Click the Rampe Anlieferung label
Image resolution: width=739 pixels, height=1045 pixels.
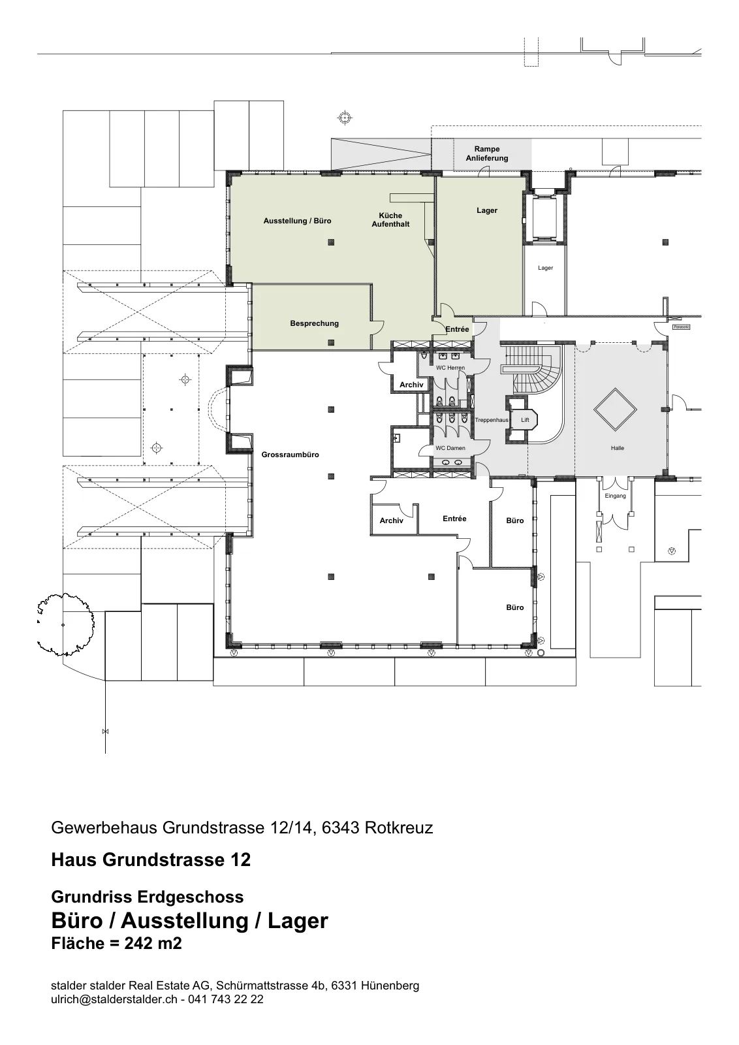(x=487, y=153)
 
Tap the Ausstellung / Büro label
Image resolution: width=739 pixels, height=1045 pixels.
(x=298, y=221)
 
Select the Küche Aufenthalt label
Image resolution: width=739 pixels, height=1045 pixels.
(x=390, y=219)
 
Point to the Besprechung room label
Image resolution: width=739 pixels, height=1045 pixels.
(x=314, y=323)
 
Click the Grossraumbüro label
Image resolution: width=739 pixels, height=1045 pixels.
(x=290, y=455)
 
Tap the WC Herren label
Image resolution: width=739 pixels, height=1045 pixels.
(x=450, y=368)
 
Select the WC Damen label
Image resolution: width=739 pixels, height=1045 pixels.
(x=450, y=448)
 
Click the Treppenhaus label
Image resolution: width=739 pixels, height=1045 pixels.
(x=492, y=420)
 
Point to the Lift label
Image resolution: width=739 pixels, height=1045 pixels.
(x=525, y=420)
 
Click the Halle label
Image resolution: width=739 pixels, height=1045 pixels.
(x=618, y=448)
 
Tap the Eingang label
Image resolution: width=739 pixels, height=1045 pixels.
(x=615, y=496)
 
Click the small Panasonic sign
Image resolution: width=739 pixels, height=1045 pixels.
(x=681, y=327)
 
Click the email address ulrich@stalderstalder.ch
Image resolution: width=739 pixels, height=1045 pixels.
(x=114, y=999)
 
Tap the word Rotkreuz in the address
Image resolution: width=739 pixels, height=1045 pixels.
(x=399, y=828)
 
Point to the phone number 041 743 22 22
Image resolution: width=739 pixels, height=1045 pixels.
(x=226, y=999)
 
